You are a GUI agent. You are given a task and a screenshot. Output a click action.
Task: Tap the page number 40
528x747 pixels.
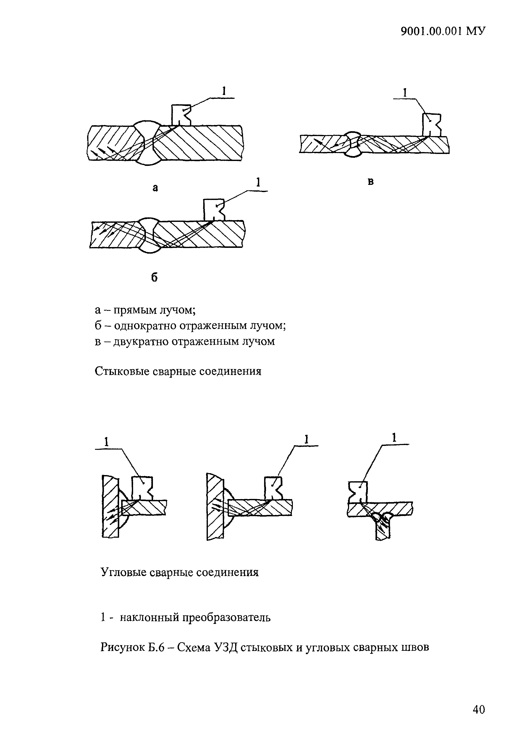478,719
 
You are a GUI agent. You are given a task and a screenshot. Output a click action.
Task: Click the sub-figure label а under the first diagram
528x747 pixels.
155,188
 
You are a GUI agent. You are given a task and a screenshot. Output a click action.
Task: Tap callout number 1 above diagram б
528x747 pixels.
258,182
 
